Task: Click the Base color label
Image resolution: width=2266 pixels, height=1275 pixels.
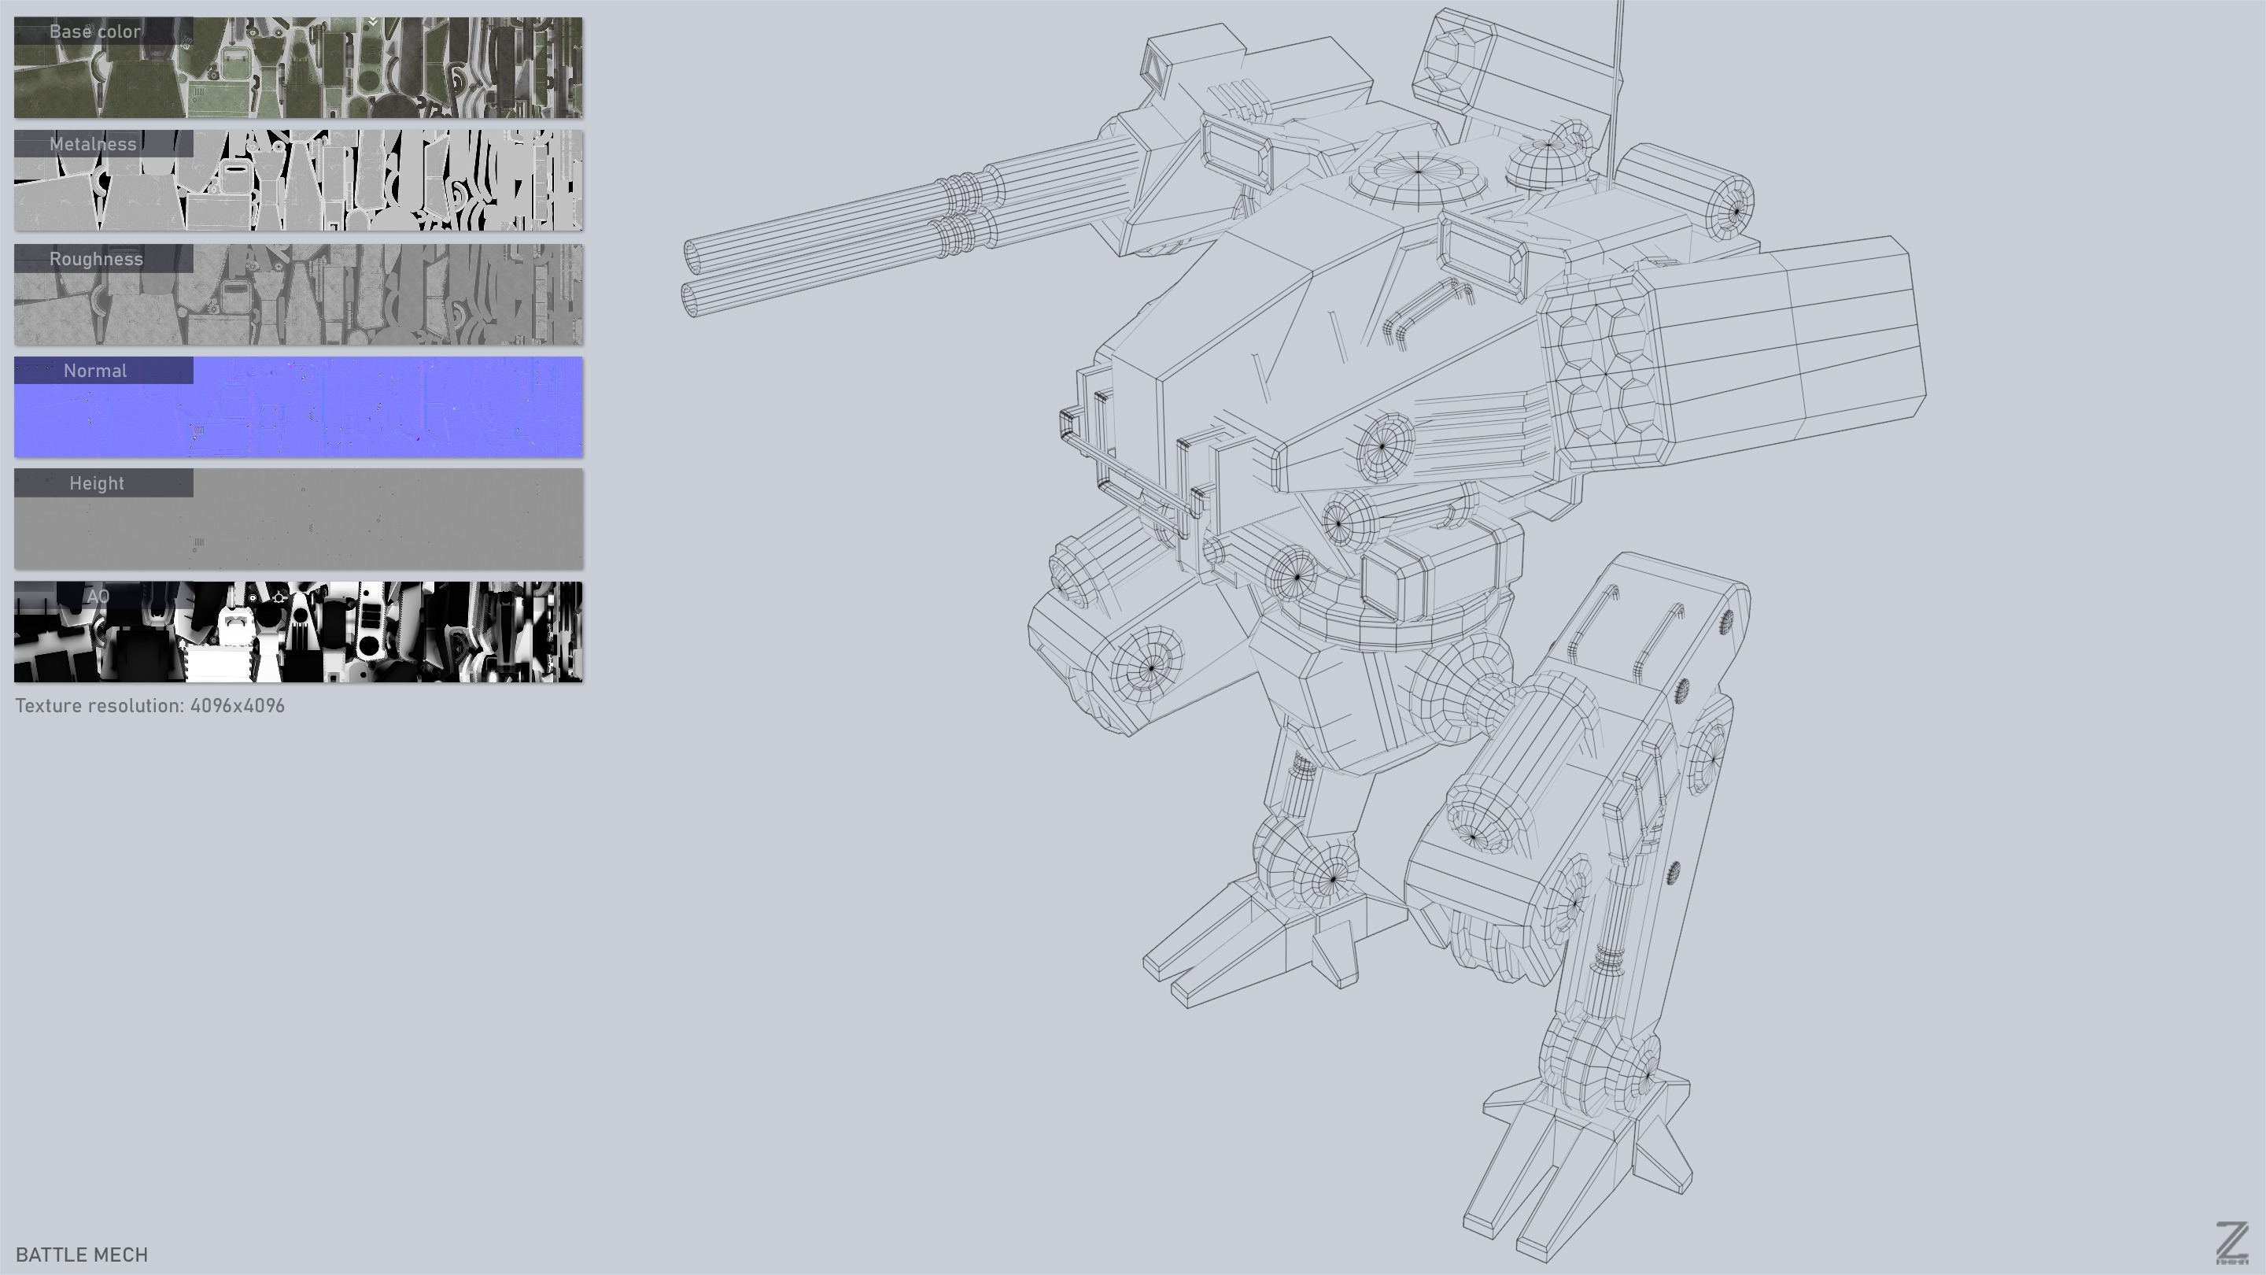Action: pyautogui.click(x=95, y=31)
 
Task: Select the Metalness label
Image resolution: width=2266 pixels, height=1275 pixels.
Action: pyautogui.click(x=94, y=144)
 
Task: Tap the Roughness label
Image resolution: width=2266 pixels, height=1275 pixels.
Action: pyautogui.click(x=96, y=259)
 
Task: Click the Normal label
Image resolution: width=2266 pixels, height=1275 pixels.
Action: pyautogui.click(x=95, y=371)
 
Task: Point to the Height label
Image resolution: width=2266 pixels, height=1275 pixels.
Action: pyautogui.click(x=97, y=483)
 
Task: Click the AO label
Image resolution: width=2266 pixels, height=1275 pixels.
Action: pyautogui.click(x=98, y=597)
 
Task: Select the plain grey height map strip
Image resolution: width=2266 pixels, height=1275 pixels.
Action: pyautogui.click(x=352, y=528)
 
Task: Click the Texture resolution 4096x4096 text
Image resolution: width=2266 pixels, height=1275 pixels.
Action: pyautogui.click(x=149, y=706)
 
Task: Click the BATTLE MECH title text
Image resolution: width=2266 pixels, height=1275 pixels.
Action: pyautogui.click(x=82, y=1254)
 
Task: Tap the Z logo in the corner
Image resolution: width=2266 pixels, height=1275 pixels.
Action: pyautogui.click(x=2231, y=1243)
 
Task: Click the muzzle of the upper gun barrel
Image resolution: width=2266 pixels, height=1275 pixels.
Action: pyautogui.click(x=695, y=256)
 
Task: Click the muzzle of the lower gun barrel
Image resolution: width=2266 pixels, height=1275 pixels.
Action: pyautogui.click(x=692, y=297)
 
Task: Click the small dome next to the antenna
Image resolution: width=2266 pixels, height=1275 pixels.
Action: pyautogui.click(x=1546, y=158)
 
